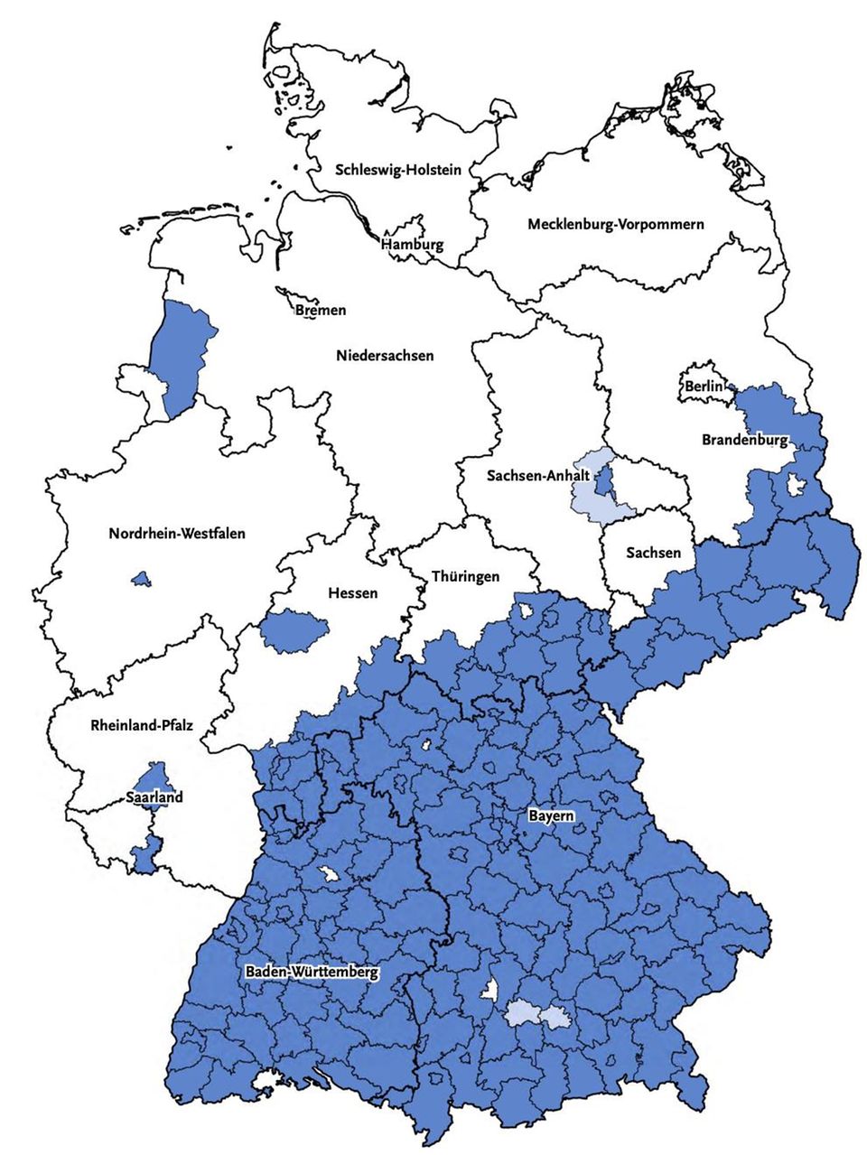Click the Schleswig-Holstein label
pyautogui.click(x=398, y=169)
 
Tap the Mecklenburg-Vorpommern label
pyautogui.click(x=615, y=224)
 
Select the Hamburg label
pyautogui.click(x=412, y=245)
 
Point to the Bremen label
pyautogui.click(x=321, y=310)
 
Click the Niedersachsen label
pyautogui.click(x=385, y=355)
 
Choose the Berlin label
pyautogui.click(x=704, y=387)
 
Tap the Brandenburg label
pyautogui.click(x=745, y=440)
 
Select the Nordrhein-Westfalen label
pyautogui.click(x=177, y=533)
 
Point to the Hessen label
pyautogui.click(x=352, y=592)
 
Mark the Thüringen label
pyautogui.click(x=465, y=576)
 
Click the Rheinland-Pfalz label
pyautogui.click(x=142, y=724)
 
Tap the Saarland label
pyautogui.click(x=154, y=796)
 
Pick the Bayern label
pyautogui.click(x=551, y=815)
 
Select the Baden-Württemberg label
pyautogui.click(x=312, y=973)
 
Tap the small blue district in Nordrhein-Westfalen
pyautogui.click(x=140, y=578)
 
